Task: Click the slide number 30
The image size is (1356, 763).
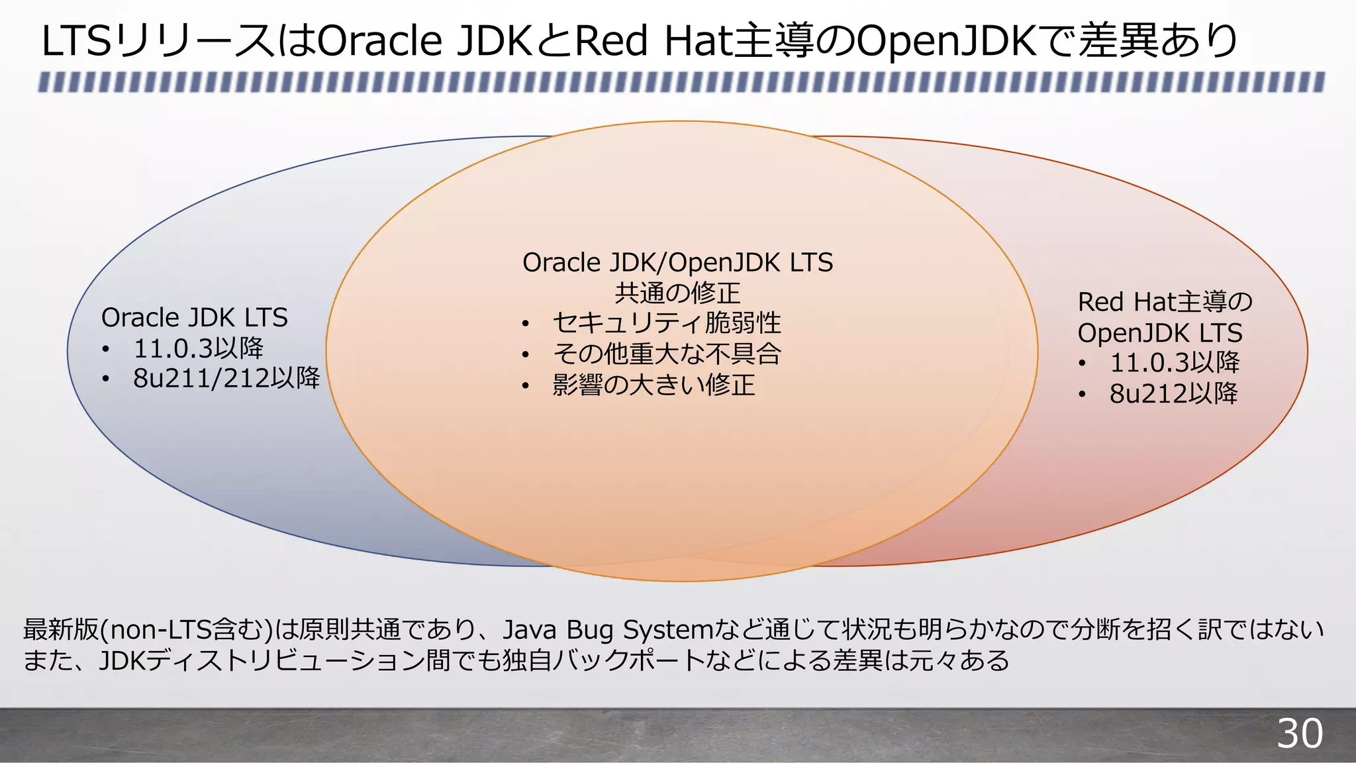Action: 1299,734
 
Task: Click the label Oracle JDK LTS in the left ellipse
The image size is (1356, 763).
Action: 194,318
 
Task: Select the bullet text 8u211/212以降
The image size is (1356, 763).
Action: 226,379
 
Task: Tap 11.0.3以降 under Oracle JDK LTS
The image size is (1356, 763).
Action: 199,348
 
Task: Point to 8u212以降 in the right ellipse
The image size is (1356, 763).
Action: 1173,393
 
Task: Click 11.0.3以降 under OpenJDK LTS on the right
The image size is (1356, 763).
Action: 1175,363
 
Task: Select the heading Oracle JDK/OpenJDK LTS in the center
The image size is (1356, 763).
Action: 677,263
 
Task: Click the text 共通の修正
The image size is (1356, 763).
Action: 677,293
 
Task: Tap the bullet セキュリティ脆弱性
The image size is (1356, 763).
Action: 667,324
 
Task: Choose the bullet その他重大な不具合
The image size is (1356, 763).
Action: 667,354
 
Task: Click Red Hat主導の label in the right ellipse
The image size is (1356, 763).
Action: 1165,302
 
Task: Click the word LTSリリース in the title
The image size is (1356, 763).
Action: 156,41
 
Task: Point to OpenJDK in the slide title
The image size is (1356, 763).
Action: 946,41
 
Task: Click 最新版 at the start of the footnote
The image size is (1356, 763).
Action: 61,630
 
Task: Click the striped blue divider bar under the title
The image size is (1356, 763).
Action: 681,82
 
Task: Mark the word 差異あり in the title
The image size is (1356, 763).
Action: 1159,41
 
